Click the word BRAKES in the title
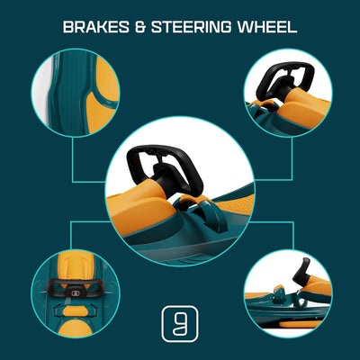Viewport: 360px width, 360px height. pyautogui.click(x=96, y=27)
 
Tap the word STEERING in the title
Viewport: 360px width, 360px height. pyautogui.click(x=191, y=27)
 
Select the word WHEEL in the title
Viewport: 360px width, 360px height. pyautogui.click(x=267, y=27)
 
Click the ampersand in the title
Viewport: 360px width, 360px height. pyautogui.click(x=140, y=27)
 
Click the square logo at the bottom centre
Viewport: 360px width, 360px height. pyautogui.click(x=180, y=324)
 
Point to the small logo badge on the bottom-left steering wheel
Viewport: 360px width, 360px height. pyautogui.click(x=75, y=293)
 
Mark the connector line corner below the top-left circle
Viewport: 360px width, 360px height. pyautogui.click(x=73, y=181)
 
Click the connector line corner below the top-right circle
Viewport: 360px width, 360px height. pyautogui.click(x=292, y=180)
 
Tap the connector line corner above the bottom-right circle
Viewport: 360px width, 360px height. pyautogui.click(x=292, y=222)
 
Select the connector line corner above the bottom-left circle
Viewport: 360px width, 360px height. pyautogui.click(x=71, y=222)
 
